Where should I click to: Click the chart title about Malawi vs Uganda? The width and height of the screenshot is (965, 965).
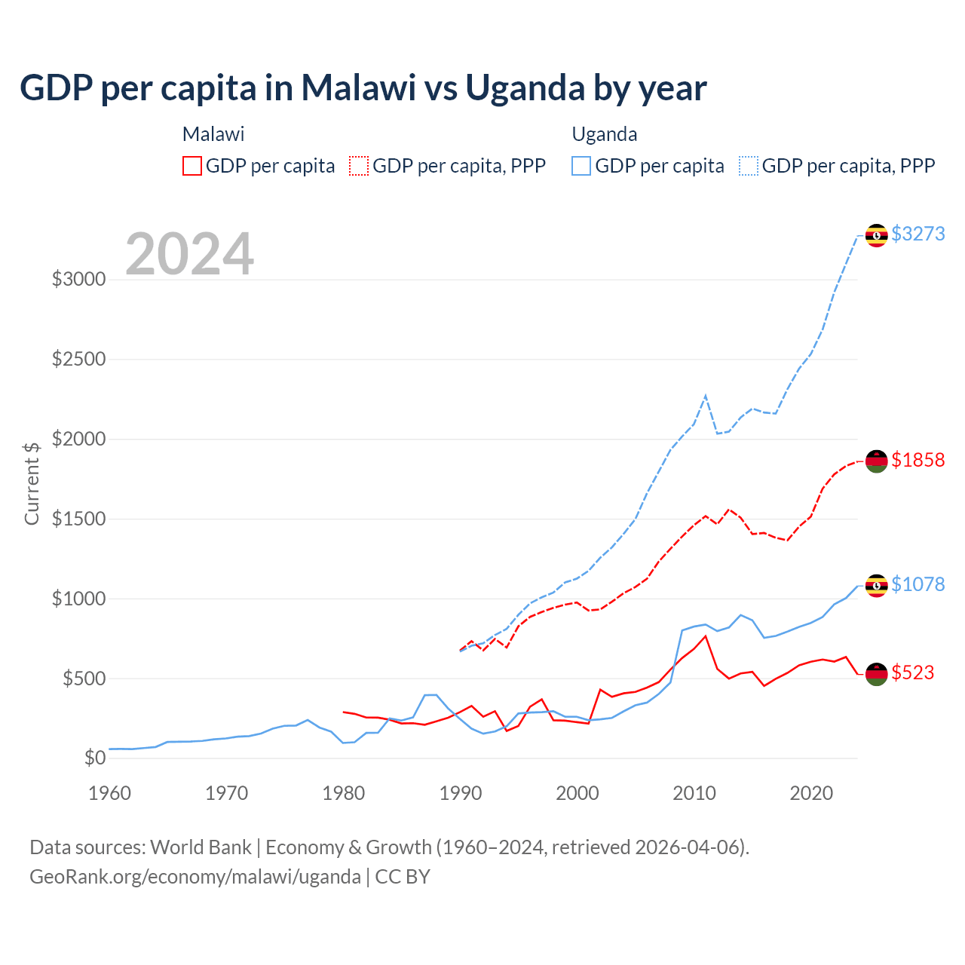pyautogui.click(x=363, y=88)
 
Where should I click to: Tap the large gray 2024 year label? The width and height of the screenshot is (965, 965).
pyautogui.click(x=189, y=254)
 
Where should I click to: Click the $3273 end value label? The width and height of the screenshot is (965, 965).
pyautogui.click(x=918, y=234)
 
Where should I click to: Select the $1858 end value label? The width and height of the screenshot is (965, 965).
pyautogui.click(x=918, y=460)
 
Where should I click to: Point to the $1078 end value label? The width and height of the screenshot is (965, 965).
pyautogui.click(x=918, y=584)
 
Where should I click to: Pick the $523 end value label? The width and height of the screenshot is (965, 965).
pyautogui.click(x=912, y=672)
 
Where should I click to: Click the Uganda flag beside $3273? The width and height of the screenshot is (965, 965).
pyautogui.click(x=876, y=235)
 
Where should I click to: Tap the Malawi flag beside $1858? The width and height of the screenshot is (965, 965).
pyautogui.click(x=876, y=461)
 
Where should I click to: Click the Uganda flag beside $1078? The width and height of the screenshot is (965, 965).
pyautogui.click(x=876, y=586)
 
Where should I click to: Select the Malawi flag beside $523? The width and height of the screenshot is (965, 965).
pyautogui.click(x=876, y=674)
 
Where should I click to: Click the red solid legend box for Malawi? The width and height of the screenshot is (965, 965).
pyautogui.click(x=192, y=166)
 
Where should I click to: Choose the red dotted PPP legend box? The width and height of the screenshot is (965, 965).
pyautogui.click(x=359, y=166)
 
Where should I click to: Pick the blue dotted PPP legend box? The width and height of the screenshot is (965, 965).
pyautogui.click(x=749, y=166)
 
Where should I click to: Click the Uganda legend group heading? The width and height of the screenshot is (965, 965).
pyautogui.click(x=605, y=134)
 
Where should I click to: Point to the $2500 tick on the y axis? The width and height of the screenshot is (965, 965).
pyautogui.click(x=78, y=359)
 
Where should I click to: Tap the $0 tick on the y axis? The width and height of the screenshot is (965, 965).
pyautogui.click(x=94, y=758)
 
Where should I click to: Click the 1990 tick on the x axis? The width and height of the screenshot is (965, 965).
pyautogui.click(x=461, y=793)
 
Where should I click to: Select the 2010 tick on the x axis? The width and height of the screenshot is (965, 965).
pyautogui.click(x=694, y=793)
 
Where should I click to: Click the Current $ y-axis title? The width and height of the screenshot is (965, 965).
pyautogui.click(x=32, y=483)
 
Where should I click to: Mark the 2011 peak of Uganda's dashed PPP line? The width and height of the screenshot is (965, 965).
pyautogui.click(x=706, y=395)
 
